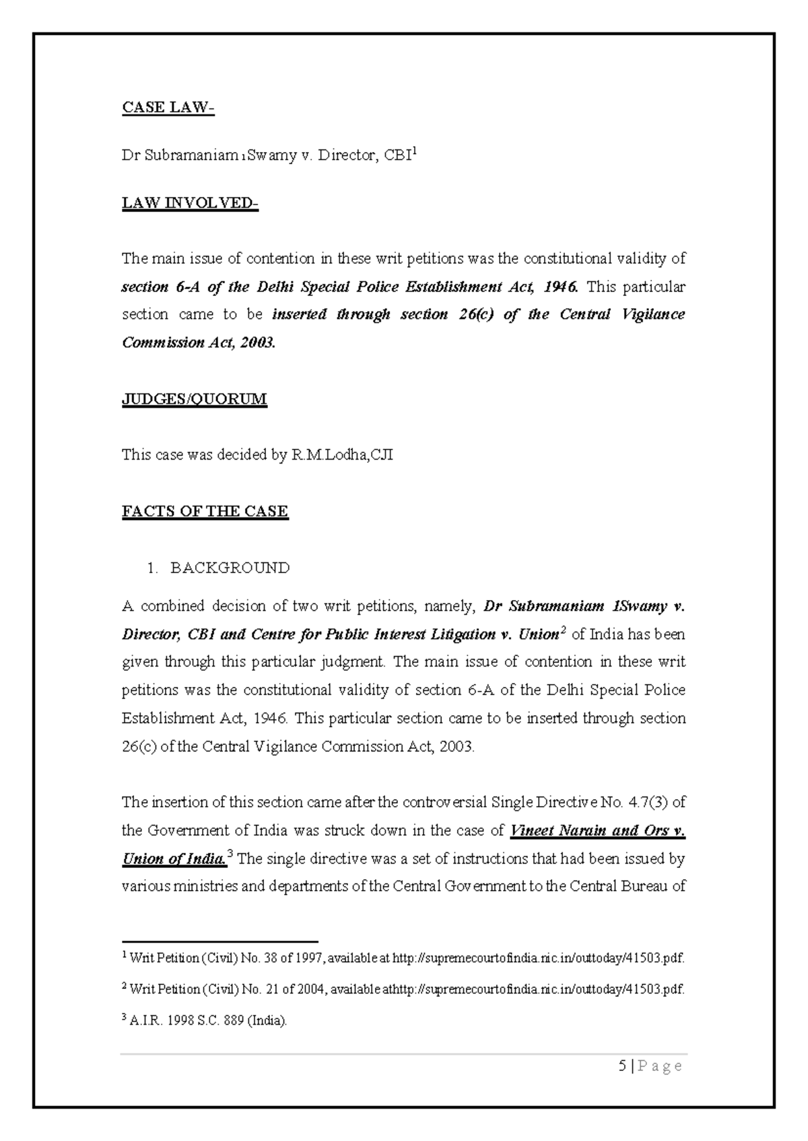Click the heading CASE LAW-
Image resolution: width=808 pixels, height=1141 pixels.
pyautogui.click(x=168, y=108)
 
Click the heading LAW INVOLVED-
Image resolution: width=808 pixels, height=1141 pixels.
pyautogui.click(x=190, y=203)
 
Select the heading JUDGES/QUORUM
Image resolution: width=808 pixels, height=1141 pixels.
pyautogui.click(x=194, y=399)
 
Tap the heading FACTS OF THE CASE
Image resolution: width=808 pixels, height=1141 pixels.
pyautogui.click(x=205, y=511)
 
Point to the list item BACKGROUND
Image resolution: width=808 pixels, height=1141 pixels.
pyautogui.click(x=230, y=568)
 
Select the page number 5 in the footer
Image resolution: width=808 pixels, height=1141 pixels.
pyautogui.click(x=622, y=1066)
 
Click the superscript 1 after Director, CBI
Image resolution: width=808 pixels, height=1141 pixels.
pyautogui.click(x=415, y=152)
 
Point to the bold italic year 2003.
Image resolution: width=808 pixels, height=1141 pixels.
pyautogui.click(x=259, y=342)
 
